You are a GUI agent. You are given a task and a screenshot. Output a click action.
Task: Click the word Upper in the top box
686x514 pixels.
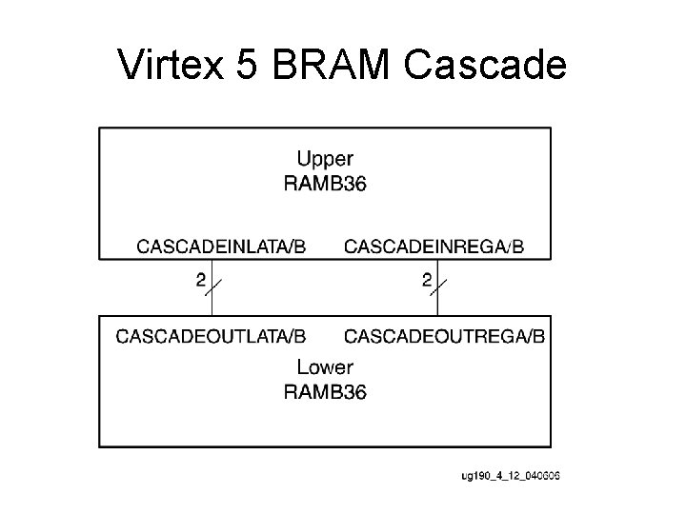pos(325,158)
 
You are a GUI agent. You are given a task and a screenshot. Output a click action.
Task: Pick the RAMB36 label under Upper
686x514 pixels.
pos(325,183)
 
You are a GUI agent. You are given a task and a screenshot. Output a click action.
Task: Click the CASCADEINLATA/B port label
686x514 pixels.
pos(222,247)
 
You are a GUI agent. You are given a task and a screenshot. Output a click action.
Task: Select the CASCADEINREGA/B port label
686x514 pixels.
pos(434,247)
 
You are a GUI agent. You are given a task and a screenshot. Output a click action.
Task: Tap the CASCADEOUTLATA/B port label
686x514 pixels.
pos(211,335)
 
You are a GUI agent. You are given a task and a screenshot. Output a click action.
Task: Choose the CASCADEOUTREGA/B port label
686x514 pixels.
pos(445,335)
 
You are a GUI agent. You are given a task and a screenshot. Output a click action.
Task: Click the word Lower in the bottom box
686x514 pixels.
pos(325,366)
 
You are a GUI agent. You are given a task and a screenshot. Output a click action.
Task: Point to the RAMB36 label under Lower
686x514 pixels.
pos(325,390)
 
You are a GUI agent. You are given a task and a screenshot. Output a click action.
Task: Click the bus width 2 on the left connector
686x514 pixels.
pos(200,280)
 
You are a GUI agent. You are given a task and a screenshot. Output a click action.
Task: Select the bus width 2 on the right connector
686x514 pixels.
pos(427,280)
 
